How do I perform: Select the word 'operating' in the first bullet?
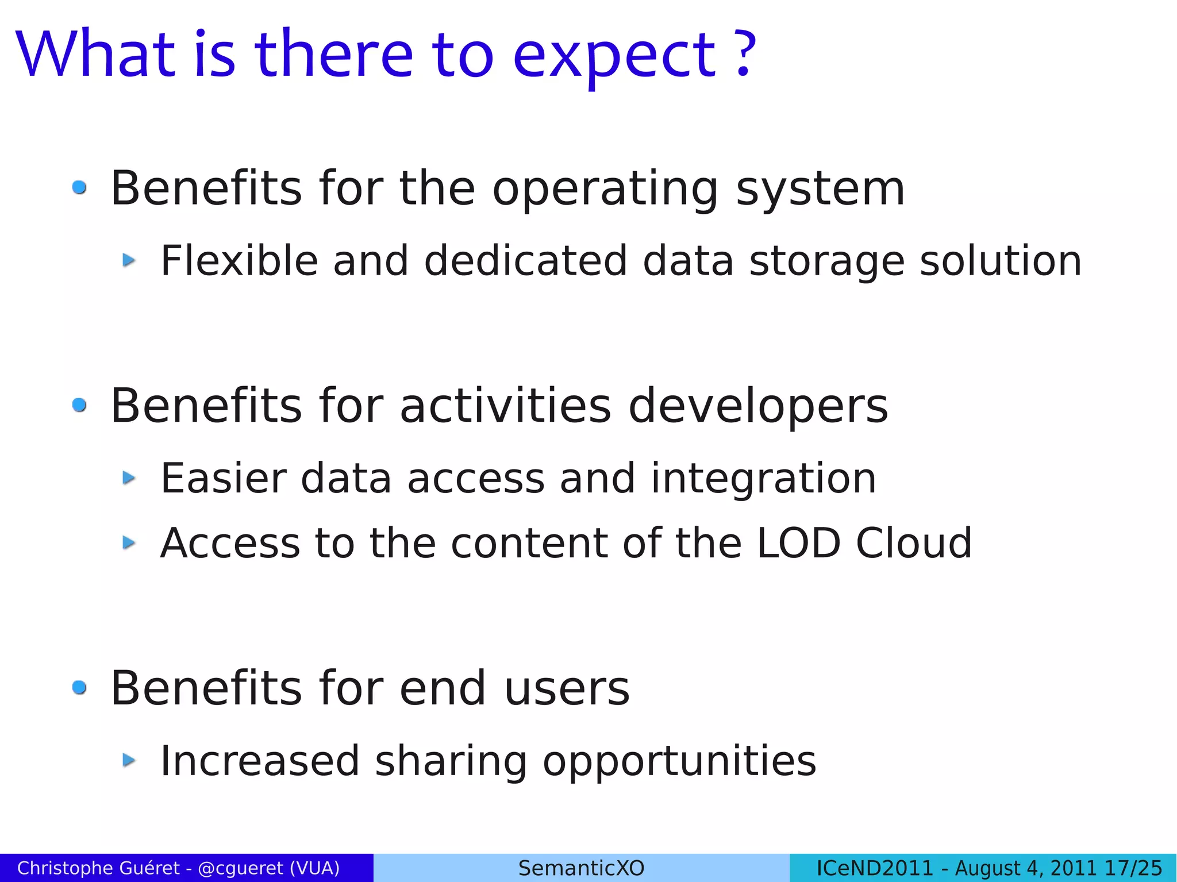[x=605, y=190]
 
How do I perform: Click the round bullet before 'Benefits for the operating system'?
[x=79, y=187]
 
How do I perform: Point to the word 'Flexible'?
[x=239, y=261]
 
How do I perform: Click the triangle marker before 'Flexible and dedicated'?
[x=129, y=260]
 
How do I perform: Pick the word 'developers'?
[x=758, y=406]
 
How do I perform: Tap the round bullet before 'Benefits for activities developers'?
[x=79, y=405]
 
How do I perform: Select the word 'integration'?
[x=763, y=479]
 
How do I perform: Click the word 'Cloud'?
[x=914, y=543]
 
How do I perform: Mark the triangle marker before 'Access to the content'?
[x=129, y=542]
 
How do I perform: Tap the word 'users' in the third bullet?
[x=567, y=688]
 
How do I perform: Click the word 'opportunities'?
[x=679, y=762]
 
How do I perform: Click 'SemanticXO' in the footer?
[x=581, y=868]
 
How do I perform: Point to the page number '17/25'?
[x=1134, y=868]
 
